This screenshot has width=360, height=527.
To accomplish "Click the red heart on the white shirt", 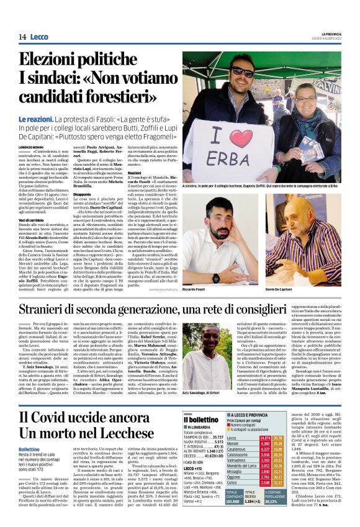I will (x=241, y=138).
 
